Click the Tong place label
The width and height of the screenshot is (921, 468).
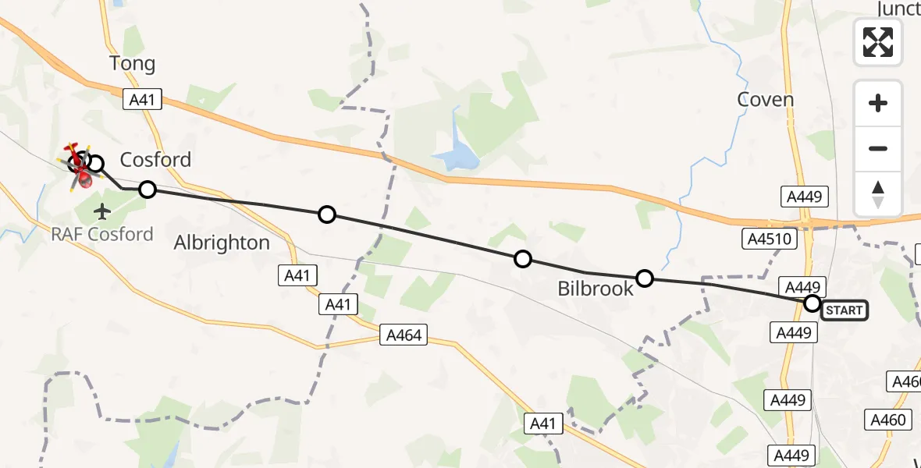coord(133,64)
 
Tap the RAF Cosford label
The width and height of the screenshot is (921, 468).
coord(102,234)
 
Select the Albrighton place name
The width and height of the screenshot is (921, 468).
coord(222,243)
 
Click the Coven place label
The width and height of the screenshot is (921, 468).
coord(766,100)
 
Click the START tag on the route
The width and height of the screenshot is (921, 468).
coord(845,310)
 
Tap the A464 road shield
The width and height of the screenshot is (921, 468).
coord(404,335)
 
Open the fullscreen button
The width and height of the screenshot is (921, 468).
coord(878,42)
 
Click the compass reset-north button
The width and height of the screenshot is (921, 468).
coord(878,194)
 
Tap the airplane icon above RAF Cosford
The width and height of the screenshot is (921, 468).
coord(102,211)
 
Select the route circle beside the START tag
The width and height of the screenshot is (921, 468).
coord(813,303)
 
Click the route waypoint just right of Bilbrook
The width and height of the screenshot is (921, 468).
coord(645,278)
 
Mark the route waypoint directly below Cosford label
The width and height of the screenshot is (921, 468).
coord(147,189)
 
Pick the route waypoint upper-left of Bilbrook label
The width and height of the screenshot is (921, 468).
coord(523,259)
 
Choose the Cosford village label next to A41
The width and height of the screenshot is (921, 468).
coord(155,161)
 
